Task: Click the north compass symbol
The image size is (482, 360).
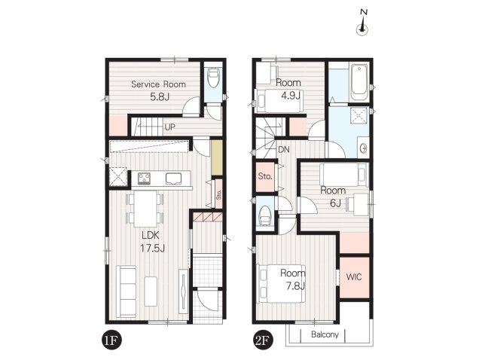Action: pyautogui.click(x=362, y=23)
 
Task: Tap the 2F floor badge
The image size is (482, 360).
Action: pyautogui.click(x=261, y=340)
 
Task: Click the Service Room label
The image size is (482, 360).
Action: pyautogui.click(x=158, y=84)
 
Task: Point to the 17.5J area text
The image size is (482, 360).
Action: pyautogui.click(x=152, y=248)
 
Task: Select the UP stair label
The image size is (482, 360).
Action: pyautogui.click(x=169, y=127)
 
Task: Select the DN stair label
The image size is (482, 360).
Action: pyautogui.click(x=283, y=150)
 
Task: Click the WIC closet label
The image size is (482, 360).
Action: pyautogui.click(x=354, y=276)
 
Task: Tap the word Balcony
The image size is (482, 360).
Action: pyautogui.click(x=325, y=334)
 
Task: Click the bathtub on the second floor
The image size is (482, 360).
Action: pyautogui.click(x=359, y=82)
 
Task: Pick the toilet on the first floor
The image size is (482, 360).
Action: pyautogui.click(x=213, y=78)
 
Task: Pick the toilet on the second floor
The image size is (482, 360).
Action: pyautogui.click(x=264, y=215)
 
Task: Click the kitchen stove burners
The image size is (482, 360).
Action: pyautogui.click(x=144, y=178)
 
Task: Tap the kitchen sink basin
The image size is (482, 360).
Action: pyautogui.click(x=174, y=178)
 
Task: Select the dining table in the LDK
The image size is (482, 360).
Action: pyautogui.click(x=145, y=209)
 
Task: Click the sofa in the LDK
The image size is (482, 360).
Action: pyautogui.click(x=127, y=291)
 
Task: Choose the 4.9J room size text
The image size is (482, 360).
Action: pyautogui.click(x=291, y=96)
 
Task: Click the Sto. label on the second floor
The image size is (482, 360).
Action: pyautogui.click(x=265, y=176)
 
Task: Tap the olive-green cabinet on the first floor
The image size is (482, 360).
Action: pyautogui.click(x=216, y=158)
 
